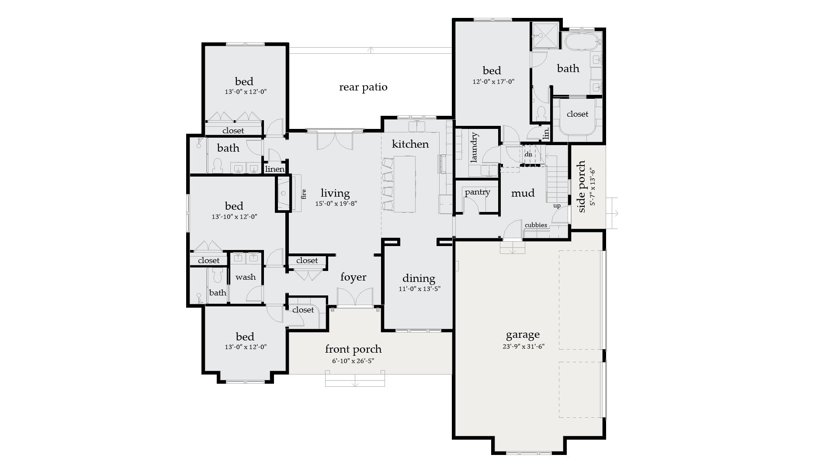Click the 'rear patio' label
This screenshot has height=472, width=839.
(363, 87)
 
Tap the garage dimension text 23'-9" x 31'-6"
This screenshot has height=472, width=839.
(523, 347)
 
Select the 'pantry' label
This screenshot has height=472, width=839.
(477, 192)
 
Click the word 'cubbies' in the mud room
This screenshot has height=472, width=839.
(536, 225)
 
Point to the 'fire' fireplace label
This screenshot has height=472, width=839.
(304, 194)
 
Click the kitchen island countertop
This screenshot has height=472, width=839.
(405, 184)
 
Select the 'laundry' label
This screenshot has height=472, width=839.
(475, 148)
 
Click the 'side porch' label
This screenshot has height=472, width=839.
(582, 187)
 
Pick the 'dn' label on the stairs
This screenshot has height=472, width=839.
(528, 154)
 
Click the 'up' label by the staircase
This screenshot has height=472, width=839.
(557, 206)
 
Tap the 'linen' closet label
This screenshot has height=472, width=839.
(274, 169)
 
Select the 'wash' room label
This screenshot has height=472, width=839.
(246, 277)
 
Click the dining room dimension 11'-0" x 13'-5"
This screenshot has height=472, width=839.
(419, 289)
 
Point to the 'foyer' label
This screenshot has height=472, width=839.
(353, 277)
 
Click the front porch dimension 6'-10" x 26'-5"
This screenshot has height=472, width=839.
(353, 361)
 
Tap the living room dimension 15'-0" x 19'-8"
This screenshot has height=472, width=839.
(336, 203)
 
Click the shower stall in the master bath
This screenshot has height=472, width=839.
(545, 36)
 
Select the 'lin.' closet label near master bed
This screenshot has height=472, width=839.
(546, 133)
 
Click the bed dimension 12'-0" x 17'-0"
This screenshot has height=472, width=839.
(492, 81)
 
